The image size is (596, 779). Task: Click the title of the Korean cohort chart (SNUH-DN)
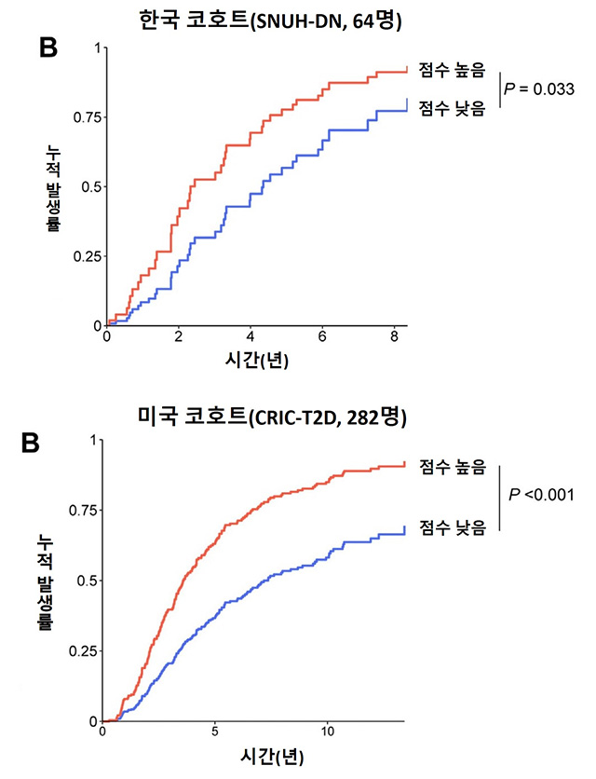pyautogui.click(x=297, y=19)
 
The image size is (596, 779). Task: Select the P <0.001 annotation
pyautogui.click(x=541, y=494)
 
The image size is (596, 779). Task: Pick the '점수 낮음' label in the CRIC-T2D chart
pyautogui.click(x=453, y=527)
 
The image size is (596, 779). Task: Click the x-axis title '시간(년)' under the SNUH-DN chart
pyautogui.click(x=255, y=361)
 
